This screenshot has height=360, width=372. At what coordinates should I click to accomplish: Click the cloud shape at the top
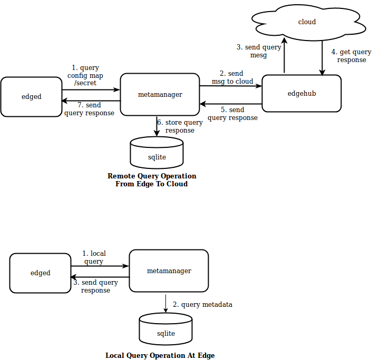(x=307, y=22)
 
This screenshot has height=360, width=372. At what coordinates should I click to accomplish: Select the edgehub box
(x=301, y=94)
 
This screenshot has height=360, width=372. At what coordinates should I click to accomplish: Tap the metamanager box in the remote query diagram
(x=160, y=95)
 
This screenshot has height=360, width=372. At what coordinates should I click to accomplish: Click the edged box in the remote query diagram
(x=31, y=97)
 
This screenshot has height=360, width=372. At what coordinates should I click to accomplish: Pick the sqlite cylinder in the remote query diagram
(x=156, y=153)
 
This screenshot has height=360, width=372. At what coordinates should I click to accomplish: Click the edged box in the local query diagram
(x=40, y=273)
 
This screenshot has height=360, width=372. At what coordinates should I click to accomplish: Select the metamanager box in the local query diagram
(x=169, y=271)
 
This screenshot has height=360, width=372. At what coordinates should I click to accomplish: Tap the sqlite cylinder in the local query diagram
(x=165, y=330)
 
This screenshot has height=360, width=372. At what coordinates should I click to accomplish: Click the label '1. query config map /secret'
(x=85, y=75)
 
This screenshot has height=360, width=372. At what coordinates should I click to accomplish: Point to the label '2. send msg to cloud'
(x=232, y=77)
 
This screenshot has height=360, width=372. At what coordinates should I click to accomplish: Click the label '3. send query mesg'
(x=258, y=51)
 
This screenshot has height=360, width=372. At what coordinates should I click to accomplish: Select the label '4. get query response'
(x=351, y=56)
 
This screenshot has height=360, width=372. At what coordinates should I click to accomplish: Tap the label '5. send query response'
(x=232, y=114)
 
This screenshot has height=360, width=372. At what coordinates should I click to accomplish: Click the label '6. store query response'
(x=180, y=126)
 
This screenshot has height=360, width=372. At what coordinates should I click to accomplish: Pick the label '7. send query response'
(x=89, y=109)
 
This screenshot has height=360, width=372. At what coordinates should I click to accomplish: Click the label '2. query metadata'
(x=202, y=305)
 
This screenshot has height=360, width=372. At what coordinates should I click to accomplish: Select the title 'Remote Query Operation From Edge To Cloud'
(x=152, y=180)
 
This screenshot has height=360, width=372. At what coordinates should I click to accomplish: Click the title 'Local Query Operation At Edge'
(x=160, y=355)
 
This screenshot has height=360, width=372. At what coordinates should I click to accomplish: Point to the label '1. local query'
(x=94, y=257)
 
